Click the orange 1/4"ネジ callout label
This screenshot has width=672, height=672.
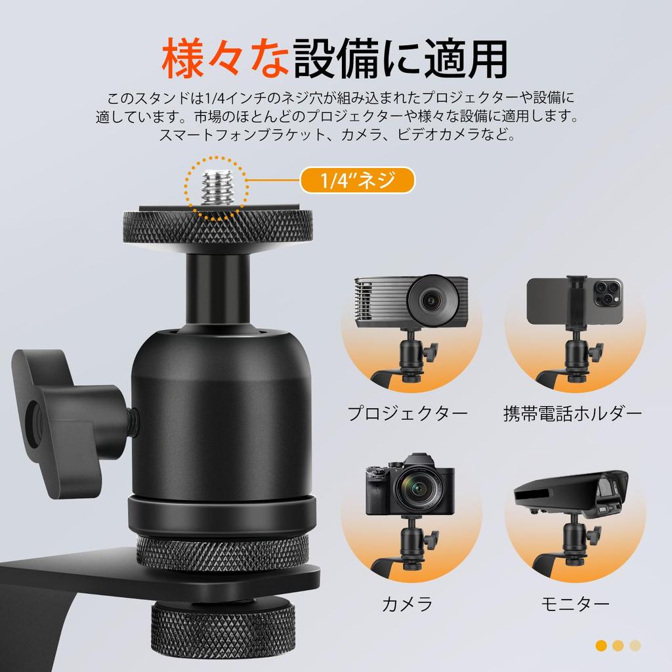[x=358, y=180]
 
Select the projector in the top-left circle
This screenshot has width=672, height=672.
[x=411, y=301]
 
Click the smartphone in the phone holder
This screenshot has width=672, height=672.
[x=575, y=300]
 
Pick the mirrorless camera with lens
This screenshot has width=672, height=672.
[x=410, y=489]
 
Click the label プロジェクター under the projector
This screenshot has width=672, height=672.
[x=408, y=413]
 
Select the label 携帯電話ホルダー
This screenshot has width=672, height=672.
[x=572, y=413]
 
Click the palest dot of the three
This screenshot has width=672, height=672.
[x=635, y=646]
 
